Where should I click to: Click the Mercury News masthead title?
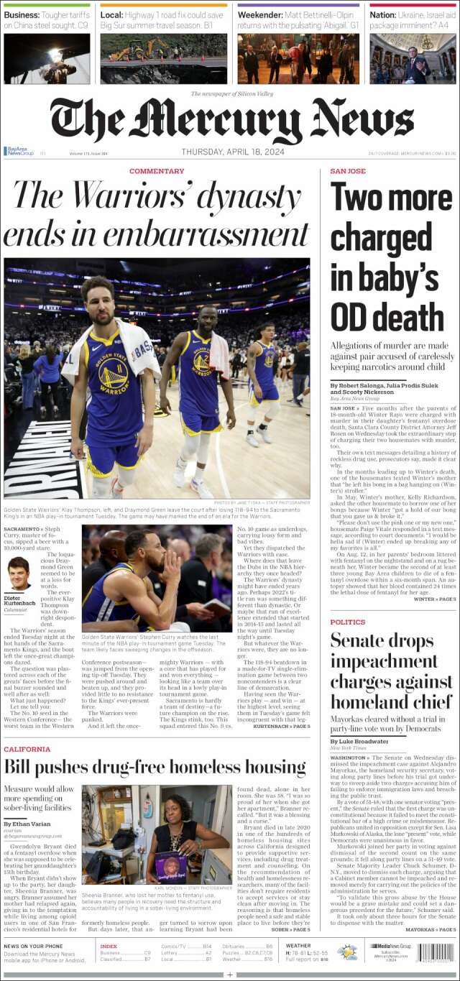tap(230, 120)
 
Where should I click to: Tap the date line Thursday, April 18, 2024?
tap(229, 152)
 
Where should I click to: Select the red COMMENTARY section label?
tap(157, 171)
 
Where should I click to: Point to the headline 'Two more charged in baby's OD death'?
tap(386, 256)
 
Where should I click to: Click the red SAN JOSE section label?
tap(348, 171)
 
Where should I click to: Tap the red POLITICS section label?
tap(348, 622)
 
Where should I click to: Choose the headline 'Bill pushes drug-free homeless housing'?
tap(155, 767)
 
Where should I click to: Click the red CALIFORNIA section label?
tap(27, 749)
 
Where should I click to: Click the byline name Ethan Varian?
tap(32, 823)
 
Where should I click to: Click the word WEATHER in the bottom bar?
tap(298, 945)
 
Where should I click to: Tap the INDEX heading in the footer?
tap(109, 946)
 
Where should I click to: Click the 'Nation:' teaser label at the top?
tap(383, 14)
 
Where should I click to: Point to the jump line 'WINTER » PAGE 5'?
tap(434, 598)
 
